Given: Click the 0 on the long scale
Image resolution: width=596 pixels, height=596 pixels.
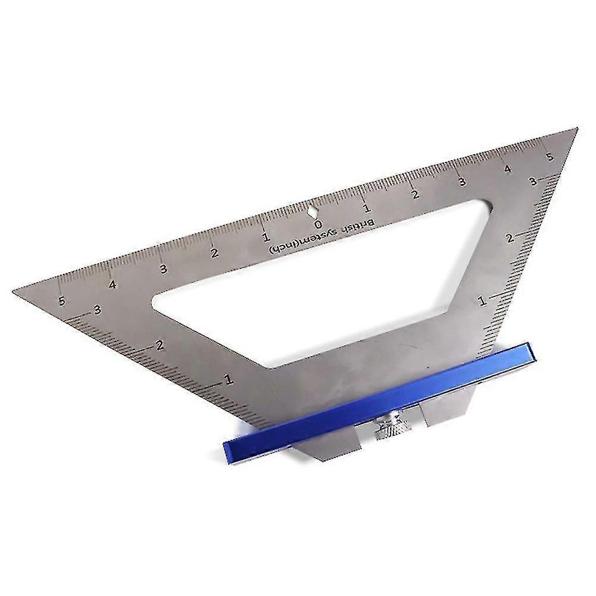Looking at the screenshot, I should [x=319, y=224].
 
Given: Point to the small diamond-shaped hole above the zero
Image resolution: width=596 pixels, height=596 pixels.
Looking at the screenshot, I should [x=313, y=210].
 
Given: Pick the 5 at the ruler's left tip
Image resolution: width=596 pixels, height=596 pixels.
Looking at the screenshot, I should [x=62, y=301].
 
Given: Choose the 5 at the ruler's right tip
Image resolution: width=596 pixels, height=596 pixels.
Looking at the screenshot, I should [x=550, y=157].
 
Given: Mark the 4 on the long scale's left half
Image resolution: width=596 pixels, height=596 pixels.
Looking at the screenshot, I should [x=112, y=285].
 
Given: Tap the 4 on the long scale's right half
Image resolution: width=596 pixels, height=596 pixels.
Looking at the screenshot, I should [x=508, y=169].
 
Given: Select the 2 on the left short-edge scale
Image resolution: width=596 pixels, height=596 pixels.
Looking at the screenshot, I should [x=159, y=344].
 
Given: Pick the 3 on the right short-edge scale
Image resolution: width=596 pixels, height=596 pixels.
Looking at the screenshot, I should [x=533, y=180].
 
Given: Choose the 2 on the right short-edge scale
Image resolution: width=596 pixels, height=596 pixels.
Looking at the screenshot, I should [x=510, y=238].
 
